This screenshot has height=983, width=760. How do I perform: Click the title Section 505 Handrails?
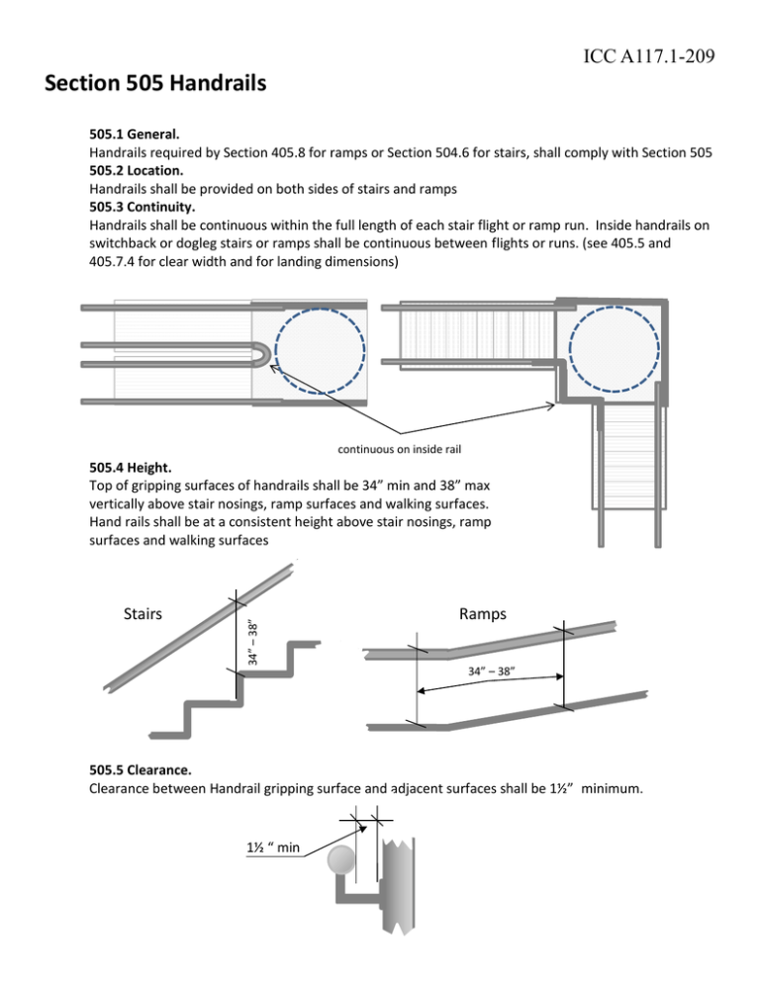point(155,85)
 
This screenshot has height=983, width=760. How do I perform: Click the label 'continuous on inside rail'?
point(402,452)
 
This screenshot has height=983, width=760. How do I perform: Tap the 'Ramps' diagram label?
point(485,614)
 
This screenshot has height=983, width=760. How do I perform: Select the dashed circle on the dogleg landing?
point(617,344)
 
